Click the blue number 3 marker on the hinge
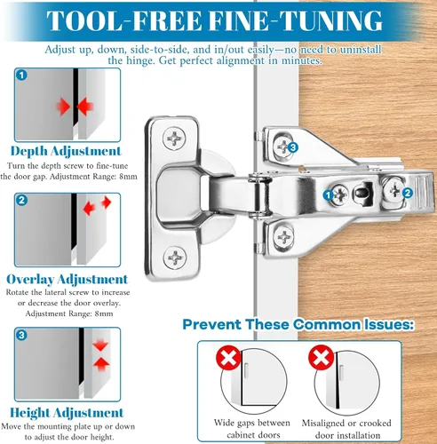click(x=293, y=147)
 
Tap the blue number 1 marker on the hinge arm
click(x=328, y=195)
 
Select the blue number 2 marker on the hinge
click(x=408, y=194)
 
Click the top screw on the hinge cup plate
click(x=174, y=139)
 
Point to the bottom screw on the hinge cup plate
click(x=175, y=258)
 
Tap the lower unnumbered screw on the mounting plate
click(x=283, y=237)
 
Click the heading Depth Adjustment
click(x=66, y=151)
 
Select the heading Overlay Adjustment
click(x=68, y=279)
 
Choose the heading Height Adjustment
click(x=67, y=413)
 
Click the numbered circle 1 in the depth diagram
click(x=21, y=75)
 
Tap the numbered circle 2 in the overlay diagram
click(x=21, y=201)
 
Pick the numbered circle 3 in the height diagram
click(x=21, y=335)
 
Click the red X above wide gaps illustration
click(x=228, y=357)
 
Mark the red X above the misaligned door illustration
click(x=322, y=357)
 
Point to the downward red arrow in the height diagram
click(x=100, y=345)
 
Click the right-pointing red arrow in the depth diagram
click(x=63, y=107)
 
